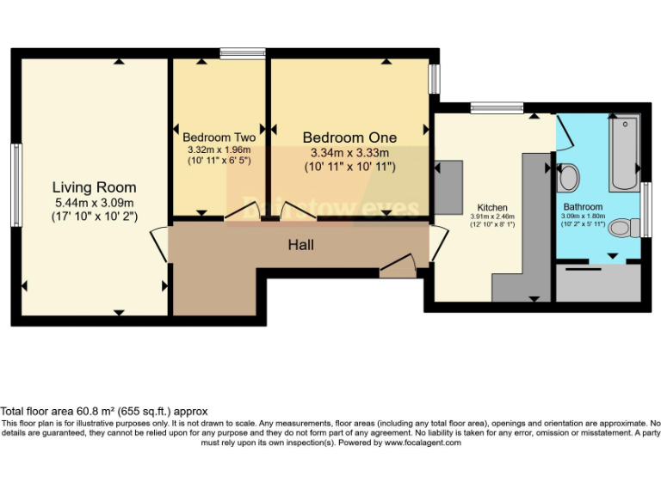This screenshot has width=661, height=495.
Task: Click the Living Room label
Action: click(94, 187)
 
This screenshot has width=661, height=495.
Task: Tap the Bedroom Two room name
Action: click(219, 137)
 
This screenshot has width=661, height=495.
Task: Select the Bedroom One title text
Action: click(349, 137)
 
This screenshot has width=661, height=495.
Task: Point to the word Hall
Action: click(300, 245)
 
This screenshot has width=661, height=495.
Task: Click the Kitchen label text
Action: click(492, 208)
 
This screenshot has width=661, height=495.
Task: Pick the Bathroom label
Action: click(583, 207)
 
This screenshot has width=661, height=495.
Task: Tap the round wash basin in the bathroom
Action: click(568, 178)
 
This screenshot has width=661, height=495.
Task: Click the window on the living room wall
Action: click(15, 186)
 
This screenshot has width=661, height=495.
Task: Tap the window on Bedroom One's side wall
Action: click(435, 77)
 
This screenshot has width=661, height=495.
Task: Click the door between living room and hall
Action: click(160, 246)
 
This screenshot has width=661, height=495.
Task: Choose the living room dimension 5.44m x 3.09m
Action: click(94, 202)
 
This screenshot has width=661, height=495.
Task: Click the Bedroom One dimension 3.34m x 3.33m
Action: click(349, 153)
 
